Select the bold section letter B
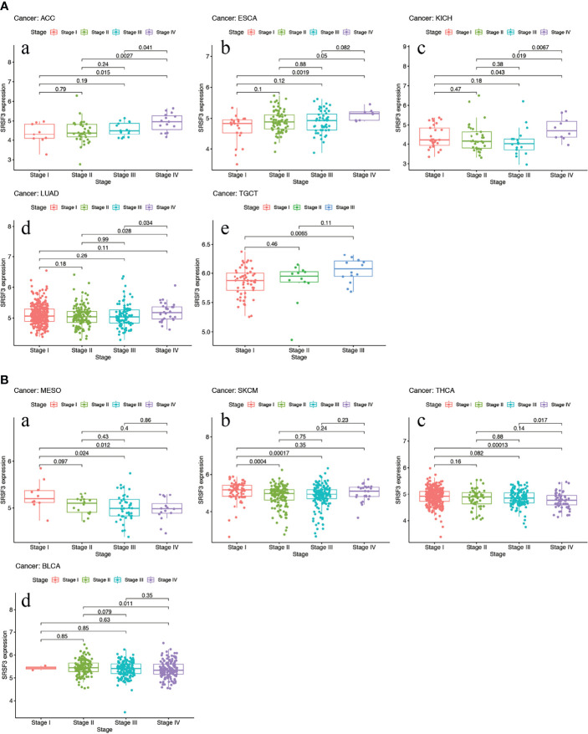click(x=6, y=380)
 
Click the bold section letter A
click(x=6, y=6)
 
